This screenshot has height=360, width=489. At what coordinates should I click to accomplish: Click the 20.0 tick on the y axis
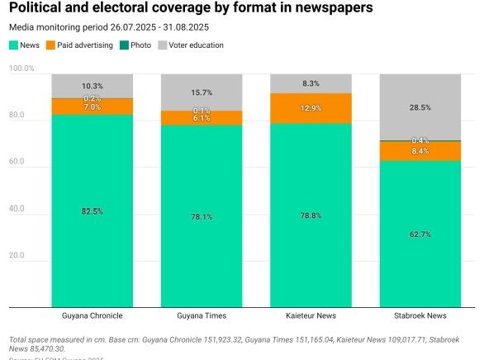[x=22, y=256]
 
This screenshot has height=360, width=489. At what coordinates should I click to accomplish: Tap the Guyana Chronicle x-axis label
[x=92, y=315]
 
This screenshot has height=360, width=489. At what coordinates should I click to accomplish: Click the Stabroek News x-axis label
[x=420, y=315]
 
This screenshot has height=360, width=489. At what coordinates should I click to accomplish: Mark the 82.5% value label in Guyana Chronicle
[x=93, y=211]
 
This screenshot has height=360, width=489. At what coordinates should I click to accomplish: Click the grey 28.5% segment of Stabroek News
[x=420, y=107]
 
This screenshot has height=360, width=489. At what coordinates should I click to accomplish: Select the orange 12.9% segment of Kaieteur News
[x=311, y=108]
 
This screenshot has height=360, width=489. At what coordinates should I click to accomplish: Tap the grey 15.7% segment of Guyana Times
[x=202, y=92]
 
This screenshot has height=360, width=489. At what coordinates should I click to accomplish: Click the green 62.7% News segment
[x=420, y=234]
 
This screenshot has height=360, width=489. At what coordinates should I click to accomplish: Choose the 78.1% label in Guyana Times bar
[x=202, y=217]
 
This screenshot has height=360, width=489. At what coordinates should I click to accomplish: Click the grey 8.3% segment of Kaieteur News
[x=311, y=83]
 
